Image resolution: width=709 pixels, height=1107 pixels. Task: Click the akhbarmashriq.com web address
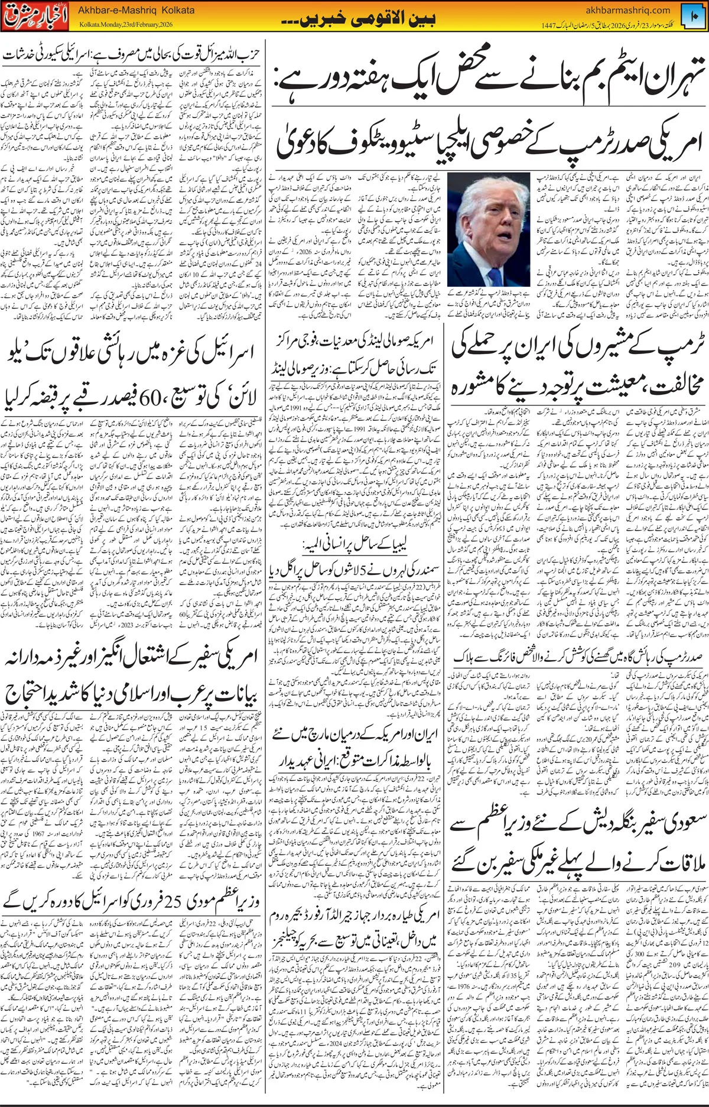tap(627, 9)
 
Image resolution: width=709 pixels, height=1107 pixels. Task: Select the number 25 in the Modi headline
tap(167, 901)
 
